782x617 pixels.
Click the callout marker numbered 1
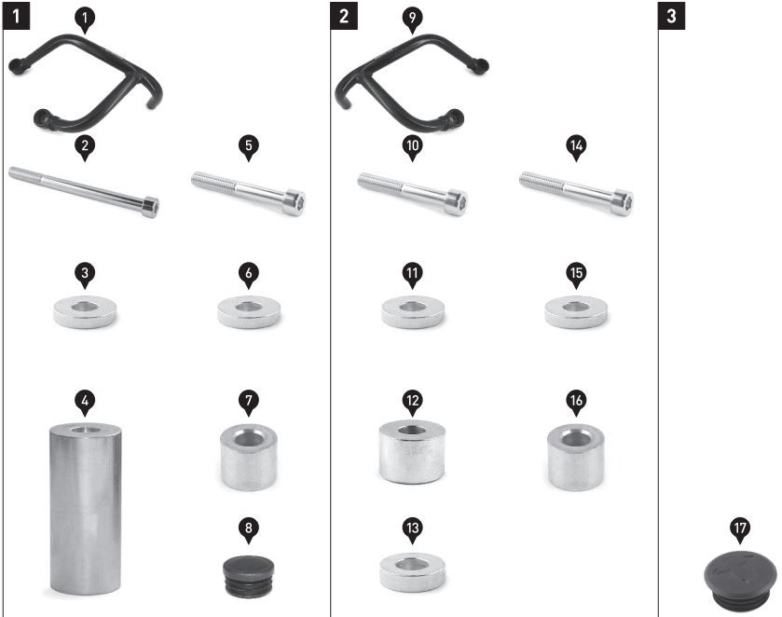85,20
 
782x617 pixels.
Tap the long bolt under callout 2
84,192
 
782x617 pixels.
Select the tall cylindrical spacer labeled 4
85,509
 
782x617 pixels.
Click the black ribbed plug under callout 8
248,576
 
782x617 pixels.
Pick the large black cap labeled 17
741,580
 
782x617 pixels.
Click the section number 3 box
671,16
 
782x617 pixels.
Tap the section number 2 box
344,16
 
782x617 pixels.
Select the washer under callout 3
85,312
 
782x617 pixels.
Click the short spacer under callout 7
249,457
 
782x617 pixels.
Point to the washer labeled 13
413,571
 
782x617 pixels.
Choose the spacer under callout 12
412,452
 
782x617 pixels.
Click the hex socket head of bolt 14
623,203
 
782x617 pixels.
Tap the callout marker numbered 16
576,403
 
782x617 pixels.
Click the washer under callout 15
576,312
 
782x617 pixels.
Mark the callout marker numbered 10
413,148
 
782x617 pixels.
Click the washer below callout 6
249,312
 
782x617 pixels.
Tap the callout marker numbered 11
413,275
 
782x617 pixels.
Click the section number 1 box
17,16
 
